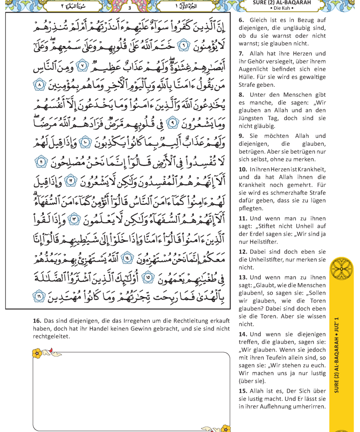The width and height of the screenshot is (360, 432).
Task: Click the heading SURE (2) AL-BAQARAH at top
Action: pyautogui.click(x=282, y=3)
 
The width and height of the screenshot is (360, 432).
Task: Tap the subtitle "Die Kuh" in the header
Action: pyautogui.click(x=282, y=8)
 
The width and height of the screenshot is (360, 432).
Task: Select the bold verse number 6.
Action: pyautogui.click(x=241, y=20)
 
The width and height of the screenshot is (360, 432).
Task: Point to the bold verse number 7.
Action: pyautogui.click(x=241, y=53)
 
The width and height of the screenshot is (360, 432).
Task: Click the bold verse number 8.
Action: pyautogui.click(x=241, y=95)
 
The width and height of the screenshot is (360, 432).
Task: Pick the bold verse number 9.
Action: pyautogui.click(x=241, y=136)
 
